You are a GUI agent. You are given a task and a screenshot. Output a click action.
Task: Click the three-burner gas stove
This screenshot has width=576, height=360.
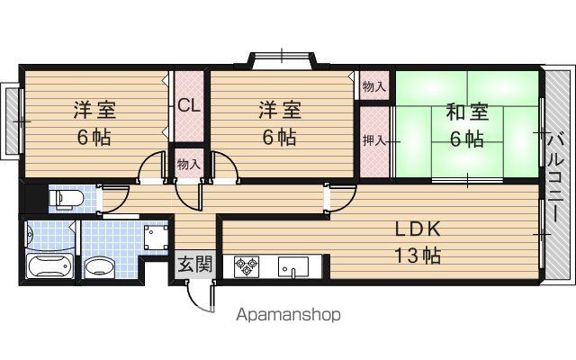(x=246, y=266)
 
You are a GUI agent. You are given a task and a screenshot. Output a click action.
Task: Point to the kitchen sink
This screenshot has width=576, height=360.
(x=292, y=266)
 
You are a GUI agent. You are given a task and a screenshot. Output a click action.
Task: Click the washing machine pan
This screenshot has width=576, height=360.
(x=156, y=238)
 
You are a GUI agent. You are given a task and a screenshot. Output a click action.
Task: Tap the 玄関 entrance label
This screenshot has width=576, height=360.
(x=195, y=264)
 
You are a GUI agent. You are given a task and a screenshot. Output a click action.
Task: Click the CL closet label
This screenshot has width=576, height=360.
(x=189, y=106)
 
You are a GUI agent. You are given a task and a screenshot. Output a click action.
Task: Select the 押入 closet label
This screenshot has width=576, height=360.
(x=374, y=140)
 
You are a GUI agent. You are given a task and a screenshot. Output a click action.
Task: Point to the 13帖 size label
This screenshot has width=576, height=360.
(x=418, y=256)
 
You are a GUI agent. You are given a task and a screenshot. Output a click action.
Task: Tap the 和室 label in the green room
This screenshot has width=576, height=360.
(x=467, y=112)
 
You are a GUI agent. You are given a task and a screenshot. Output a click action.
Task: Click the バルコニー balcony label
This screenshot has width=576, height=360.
(x=556, y=178)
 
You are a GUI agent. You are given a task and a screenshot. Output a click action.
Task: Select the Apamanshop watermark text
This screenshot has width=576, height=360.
(x=288, y=315)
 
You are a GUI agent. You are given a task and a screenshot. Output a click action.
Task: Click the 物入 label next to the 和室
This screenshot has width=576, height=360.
(x=374, y=86)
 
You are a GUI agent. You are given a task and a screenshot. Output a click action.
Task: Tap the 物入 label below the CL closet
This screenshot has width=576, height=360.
(x=188, y=164)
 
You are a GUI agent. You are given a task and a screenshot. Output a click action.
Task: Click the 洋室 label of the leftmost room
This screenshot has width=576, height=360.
(x=94, y=110)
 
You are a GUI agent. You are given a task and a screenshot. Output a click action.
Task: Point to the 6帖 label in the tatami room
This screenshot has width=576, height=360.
(x=467, y=139)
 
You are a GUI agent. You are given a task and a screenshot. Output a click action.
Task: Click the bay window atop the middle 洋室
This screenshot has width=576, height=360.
(x=282, y=60)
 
